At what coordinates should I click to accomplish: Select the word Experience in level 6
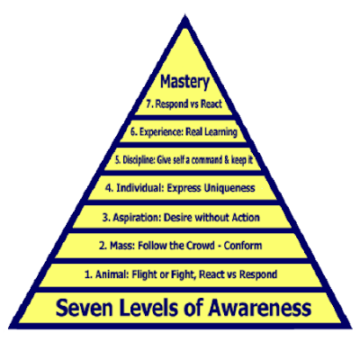(x=154, y=131)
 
